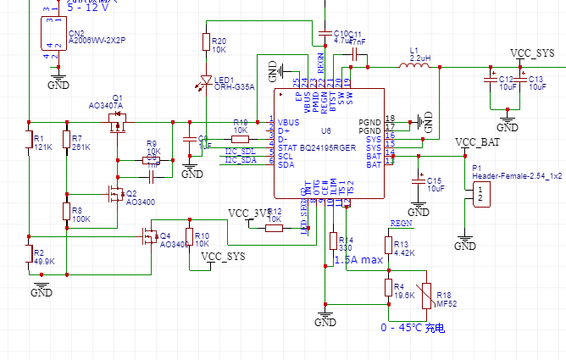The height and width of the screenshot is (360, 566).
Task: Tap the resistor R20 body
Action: pyautogui.click(x=205, y=42)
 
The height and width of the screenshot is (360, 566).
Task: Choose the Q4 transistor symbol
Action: pyautogui.click(x=150, y=237)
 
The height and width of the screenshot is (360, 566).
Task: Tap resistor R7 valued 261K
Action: pyautogui.click(x=66, y=140)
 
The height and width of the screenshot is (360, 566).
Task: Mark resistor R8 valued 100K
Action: pyautogui.click(x=66, y=211)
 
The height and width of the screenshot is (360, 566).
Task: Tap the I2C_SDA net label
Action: pyautogui.click(x=241, y=159)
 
